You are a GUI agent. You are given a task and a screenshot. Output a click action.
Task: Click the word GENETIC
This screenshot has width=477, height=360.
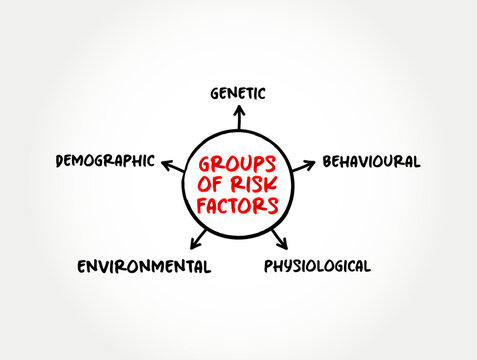(x=238, y=93)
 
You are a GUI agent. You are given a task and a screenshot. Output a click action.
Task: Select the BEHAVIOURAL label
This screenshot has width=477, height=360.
(x=370, y=161)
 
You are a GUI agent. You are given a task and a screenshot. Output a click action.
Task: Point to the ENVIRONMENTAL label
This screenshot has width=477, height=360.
(x=144, y=266)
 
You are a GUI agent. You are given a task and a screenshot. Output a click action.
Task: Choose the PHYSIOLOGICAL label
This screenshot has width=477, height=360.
(x=317, y=266)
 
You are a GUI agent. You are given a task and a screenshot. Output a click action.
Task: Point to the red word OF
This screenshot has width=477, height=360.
(x=213, y=185)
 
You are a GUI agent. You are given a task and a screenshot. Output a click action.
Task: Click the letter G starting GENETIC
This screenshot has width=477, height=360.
(x=215, y=93)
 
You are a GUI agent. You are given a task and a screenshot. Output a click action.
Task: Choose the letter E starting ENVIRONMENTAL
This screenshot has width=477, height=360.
(x=82, y=266)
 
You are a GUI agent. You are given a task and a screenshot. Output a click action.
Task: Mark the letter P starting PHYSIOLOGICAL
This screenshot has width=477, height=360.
(x=268, y=266)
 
